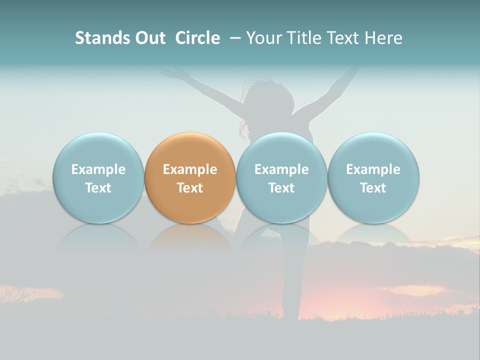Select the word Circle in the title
click(197, 38)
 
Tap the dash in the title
click(235, 38)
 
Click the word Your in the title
click(263, 38)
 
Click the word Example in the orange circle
click(190, 169)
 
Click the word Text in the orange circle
click(190, 188)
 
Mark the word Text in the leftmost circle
click(98, 188)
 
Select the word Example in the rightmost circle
click(373, 169)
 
